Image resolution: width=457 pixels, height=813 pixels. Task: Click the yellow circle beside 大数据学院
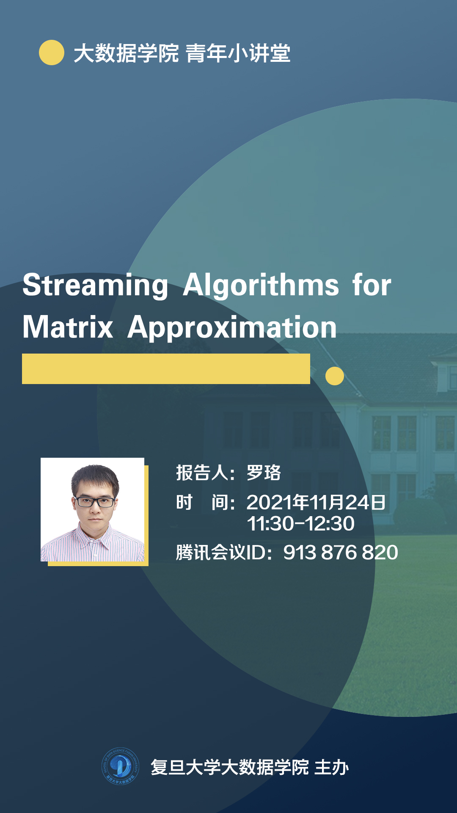[52, 53]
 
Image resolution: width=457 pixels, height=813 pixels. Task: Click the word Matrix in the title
[68, 328]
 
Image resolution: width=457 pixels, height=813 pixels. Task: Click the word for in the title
[372, 285]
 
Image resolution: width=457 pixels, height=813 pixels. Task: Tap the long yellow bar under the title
[166, 369]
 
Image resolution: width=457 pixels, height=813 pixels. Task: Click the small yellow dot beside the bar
[335, 376]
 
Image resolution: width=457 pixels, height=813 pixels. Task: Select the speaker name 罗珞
[264, 473]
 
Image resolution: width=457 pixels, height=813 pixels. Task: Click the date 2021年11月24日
[316, 503]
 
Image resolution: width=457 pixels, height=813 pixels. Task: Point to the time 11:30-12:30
[300, 524]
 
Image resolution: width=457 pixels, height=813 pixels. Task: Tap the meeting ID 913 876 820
[341, 553]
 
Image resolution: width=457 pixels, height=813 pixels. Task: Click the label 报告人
[202, 473]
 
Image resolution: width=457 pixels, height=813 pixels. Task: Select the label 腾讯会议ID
[220, 553]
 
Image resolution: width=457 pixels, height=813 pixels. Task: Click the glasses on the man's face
[94, 502]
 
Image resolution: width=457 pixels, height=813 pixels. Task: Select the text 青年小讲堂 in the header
[238, 53]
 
